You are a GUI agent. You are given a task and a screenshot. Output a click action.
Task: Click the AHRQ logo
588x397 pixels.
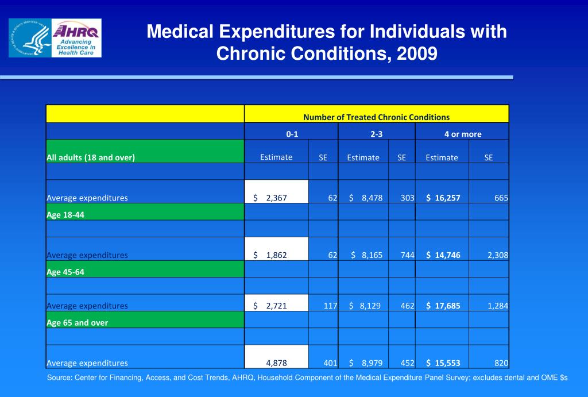point(76,38)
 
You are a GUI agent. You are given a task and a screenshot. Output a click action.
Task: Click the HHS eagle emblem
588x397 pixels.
point(30,38)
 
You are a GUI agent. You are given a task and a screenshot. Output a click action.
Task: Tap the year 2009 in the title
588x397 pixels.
point(417,53)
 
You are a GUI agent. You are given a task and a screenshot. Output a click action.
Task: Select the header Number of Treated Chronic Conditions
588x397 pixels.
point(376,117)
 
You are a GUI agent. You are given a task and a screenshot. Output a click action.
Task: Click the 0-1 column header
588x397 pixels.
point(292,134)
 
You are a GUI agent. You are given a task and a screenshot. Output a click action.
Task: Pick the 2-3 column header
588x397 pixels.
point(376,134)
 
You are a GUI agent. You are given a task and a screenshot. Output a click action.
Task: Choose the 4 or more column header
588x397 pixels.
point(462,134)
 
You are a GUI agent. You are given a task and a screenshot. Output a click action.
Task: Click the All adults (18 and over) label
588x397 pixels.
point(91,157)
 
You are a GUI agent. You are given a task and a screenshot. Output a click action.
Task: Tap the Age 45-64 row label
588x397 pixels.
point(65,272)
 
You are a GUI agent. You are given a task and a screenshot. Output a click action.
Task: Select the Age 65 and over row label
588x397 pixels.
point(77,322)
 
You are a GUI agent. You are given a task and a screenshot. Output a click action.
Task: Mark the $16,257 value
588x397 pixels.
point(443,198)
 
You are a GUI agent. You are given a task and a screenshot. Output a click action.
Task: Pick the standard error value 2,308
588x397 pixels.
point(497,255)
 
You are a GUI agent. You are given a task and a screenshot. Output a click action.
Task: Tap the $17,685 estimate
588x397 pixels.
point(443,306)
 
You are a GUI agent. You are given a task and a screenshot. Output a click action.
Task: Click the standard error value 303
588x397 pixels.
point(407,198)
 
